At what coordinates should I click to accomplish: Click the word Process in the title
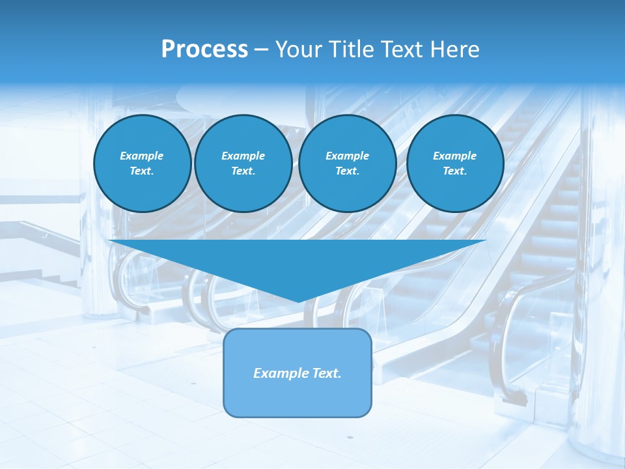204,50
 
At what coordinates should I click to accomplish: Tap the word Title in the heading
351,50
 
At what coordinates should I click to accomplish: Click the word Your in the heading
300,50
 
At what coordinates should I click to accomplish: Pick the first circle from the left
143,163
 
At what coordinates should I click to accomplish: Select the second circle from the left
243,163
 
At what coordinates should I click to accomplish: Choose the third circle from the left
348,163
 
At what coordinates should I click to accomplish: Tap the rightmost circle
455,163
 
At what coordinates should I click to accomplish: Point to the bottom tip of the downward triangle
298,301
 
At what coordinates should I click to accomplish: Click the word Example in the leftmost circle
142,156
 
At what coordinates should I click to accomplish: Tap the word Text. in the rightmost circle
455,171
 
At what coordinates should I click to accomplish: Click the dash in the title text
261,50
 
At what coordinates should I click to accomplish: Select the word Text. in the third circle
348,171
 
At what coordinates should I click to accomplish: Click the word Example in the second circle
243,156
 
